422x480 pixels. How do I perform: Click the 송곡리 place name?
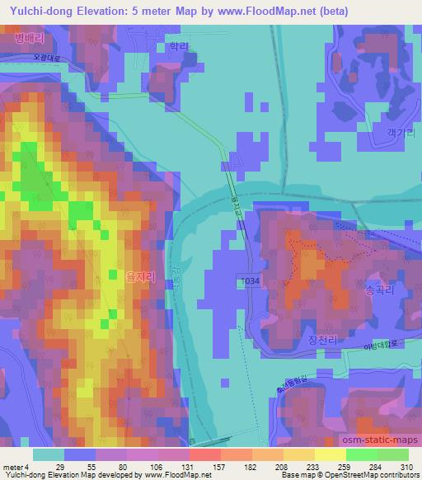tap(379, 290)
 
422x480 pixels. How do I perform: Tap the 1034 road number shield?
tap(251, 281)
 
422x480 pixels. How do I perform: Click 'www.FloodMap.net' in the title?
tap(266, 11)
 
